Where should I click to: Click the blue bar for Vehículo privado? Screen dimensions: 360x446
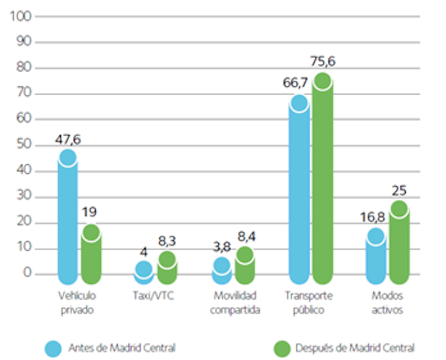tap(68, 219)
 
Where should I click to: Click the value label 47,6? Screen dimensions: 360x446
tap(68, 140)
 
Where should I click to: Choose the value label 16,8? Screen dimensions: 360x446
tap(373, 217)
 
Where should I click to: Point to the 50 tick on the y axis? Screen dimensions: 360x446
tap(22, 145)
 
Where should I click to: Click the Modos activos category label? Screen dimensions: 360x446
tap(387, 303)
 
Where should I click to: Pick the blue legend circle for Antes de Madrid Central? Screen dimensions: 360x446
tap(53, 348)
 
